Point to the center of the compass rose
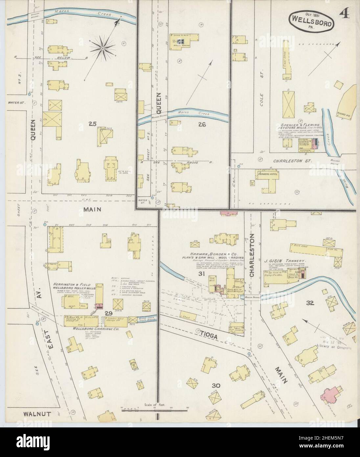pyautogui.click(x=103, y=48)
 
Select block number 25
pyautogui.click(x=92, y=124)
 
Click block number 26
pyautogui.click(x=202, y=124)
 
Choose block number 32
pyautogui.click(x=310, y=303)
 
